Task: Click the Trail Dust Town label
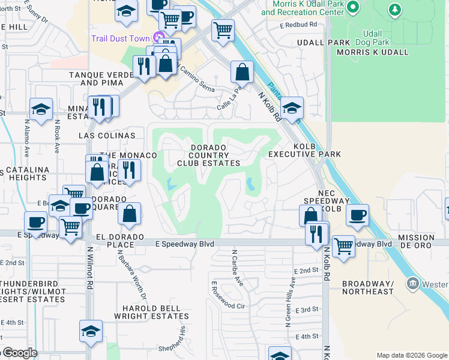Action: point(120,38)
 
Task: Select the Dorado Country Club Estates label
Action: point(208,155)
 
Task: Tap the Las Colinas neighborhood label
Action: point(107,136)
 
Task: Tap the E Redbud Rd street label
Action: point(298,25)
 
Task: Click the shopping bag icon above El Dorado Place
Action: point(129,212)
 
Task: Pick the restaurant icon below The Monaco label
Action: point(128,169)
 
